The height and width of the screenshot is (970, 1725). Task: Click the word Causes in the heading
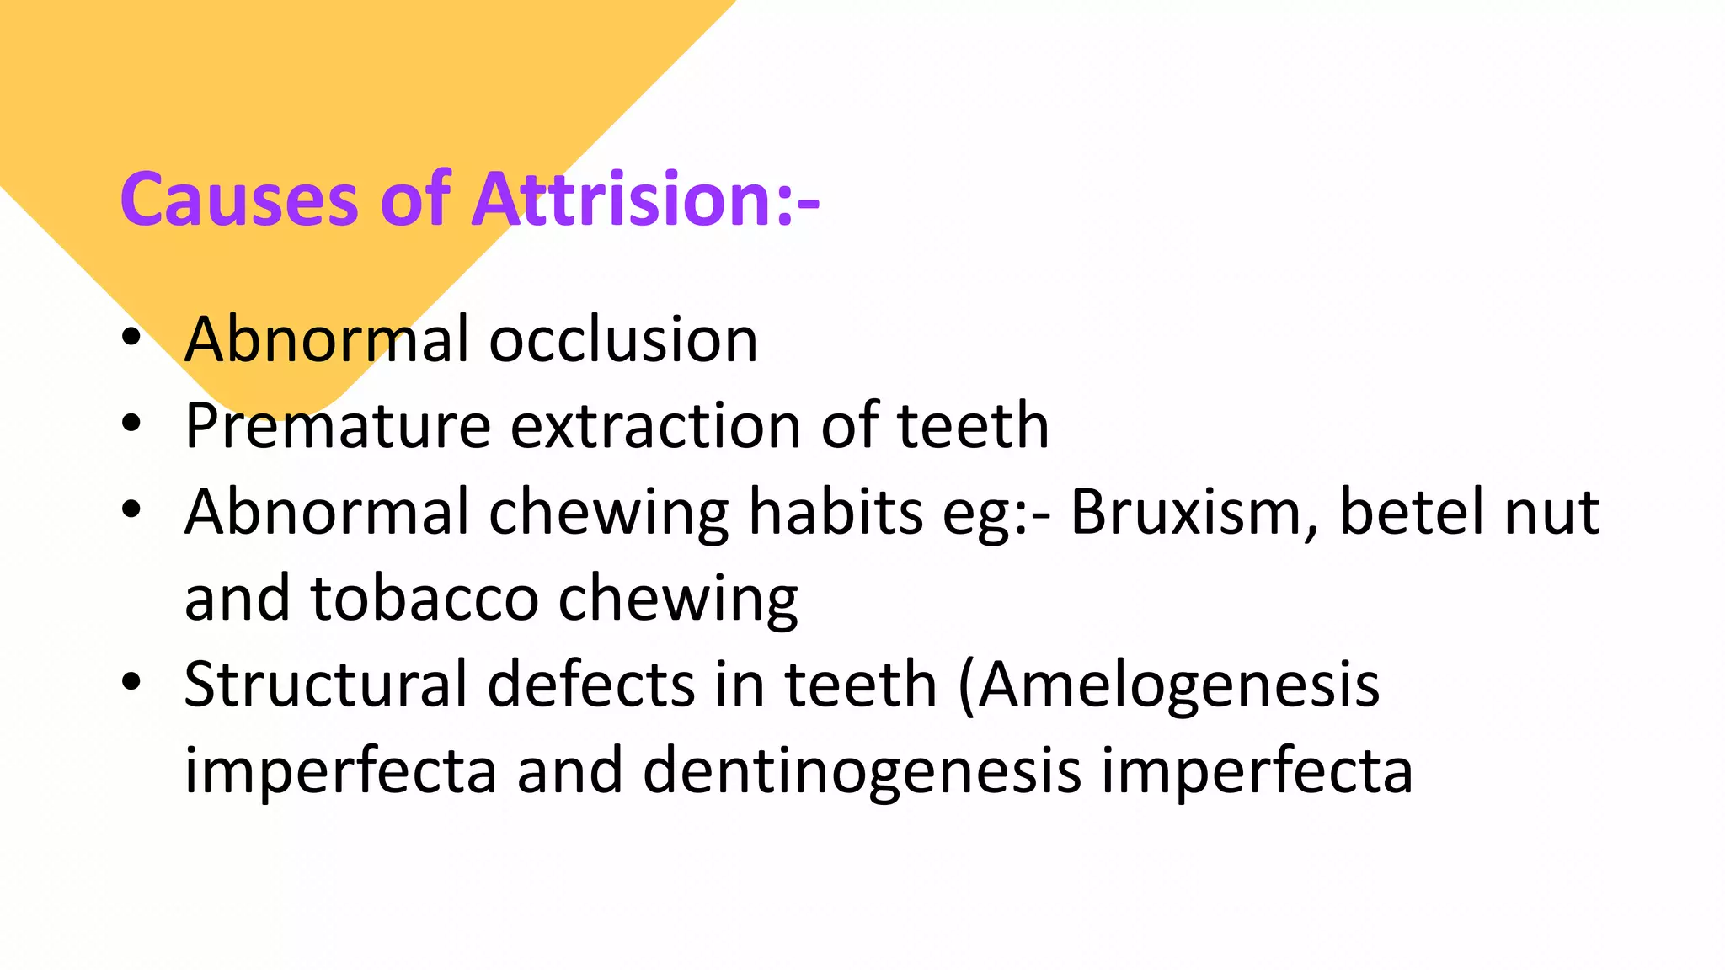pyautogui.click(x=239, y=200)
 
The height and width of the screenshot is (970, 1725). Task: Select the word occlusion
pyautogui.click(x=623, y=339)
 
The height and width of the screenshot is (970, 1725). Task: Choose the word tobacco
pyautogui.click(x=425, y=599)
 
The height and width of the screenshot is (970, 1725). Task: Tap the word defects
pyautogui.click(x=591, y=684)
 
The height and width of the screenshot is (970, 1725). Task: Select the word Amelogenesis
pyautogui.click(x=1179, y=685)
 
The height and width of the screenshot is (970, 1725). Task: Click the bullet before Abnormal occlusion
pyautogui.click(x=131, y=337)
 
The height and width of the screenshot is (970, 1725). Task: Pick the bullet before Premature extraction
pyautogui.click(x=131, y=423)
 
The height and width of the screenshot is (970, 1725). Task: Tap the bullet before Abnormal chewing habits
pyautogui.click(x=131, y=509)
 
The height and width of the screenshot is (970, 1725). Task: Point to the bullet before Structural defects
pyautogui.click(x=131, y=681)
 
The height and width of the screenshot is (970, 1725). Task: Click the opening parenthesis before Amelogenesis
pyautogui.click(x=966, y=685)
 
